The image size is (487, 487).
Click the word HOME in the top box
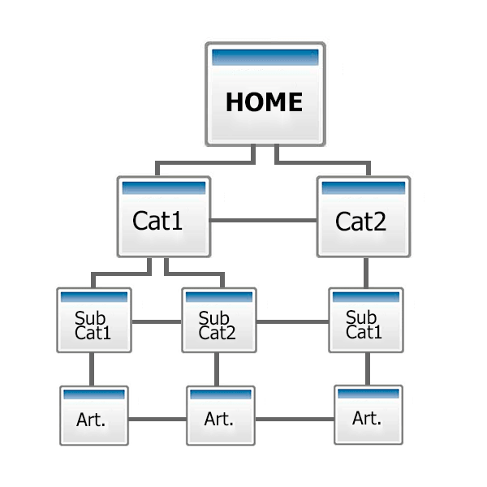click(264, 102)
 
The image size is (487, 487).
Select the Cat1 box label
click(157, 221)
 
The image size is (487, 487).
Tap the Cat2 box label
click(360, 222)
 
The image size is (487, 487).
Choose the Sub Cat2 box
click(219, 321)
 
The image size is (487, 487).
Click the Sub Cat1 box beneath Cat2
click(366, 321)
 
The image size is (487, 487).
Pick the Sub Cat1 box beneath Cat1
click(94, 321)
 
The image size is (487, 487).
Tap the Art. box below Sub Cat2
click(221, 416)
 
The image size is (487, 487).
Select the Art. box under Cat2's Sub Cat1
click(368, 415)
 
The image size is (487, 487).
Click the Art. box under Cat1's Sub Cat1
click(94, 416)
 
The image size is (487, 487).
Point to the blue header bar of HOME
click(265, 58)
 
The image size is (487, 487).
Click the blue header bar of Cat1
click(164, 188)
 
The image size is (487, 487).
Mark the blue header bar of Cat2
click(364, 188)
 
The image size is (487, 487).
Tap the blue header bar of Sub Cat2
click(219, 297)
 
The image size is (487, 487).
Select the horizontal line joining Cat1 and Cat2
click(264, 221)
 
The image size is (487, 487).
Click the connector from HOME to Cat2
click(323, 163)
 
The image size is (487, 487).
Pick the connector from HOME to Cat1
click(205, 163)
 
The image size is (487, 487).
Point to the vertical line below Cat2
click(366, 273)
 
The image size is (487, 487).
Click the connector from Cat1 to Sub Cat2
click(195, 274)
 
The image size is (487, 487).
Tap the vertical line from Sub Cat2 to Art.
click(217, 369)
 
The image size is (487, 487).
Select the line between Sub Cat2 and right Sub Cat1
click(292, 321)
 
